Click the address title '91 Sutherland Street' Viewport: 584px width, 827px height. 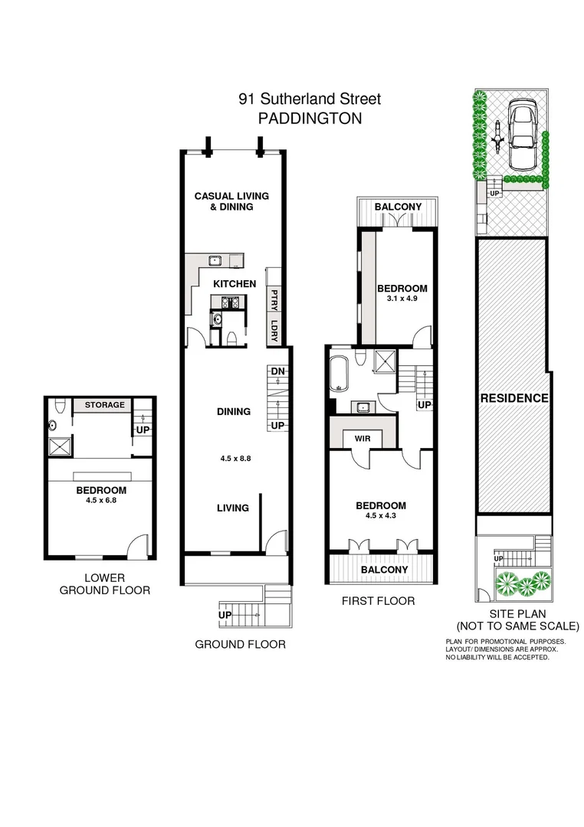click(310, 99)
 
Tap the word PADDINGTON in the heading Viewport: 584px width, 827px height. click(310, 118)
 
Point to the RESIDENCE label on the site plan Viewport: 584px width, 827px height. click(514, 398)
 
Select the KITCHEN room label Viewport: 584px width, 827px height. click(235, 284)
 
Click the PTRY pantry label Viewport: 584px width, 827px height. click(274, 299)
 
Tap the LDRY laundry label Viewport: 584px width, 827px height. click(274, 330)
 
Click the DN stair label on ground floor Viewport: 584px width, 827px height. click(277, 371)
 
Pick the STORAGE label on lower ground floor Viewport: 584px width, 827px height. click(104, 404)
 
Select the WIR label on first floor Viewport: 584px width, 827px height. click(363, 438)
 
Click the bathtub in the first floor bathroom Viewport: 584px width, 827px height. click(339, 374)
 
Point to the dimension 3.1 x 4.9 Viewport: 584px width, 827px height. click(402, 298)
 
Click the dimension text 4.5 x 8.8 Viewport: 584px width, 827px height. click(235, 459)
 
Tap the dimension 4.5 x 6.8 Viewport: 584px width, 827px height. click(101, 500)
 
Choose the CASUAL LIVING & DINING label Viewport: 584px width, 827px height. click(231, 201)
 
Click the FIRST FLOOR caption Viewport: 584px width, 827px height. click(378, 601)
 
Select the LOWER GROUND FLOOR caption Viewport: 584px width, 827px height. click(104, 583)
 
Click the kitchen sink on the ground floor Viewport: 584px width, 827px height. click(215, 260)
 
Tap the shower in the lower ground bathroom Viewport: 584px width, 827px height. click(58, 446)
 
